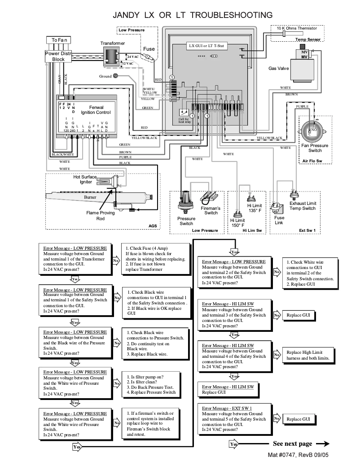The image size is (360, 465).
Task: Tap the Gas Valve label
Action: (x=279, y=69)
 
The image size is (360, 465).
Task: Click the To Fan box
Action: (x=59, y=40)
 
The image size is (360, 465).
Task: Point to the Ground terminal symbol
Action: (x=115, y=76)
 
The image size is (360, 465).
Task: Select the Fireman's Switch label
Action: (x=212, y=210)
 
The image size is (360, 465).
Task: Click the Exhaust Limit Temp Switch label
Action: (x=303, y=206)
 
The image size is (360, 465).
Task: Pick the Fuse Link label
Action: (x=279, y=220)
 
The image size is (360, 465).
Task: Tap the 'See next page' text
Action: (x=292, y=443)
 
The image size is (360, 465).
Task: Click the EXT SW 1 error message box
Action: (x=236, y=419)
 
